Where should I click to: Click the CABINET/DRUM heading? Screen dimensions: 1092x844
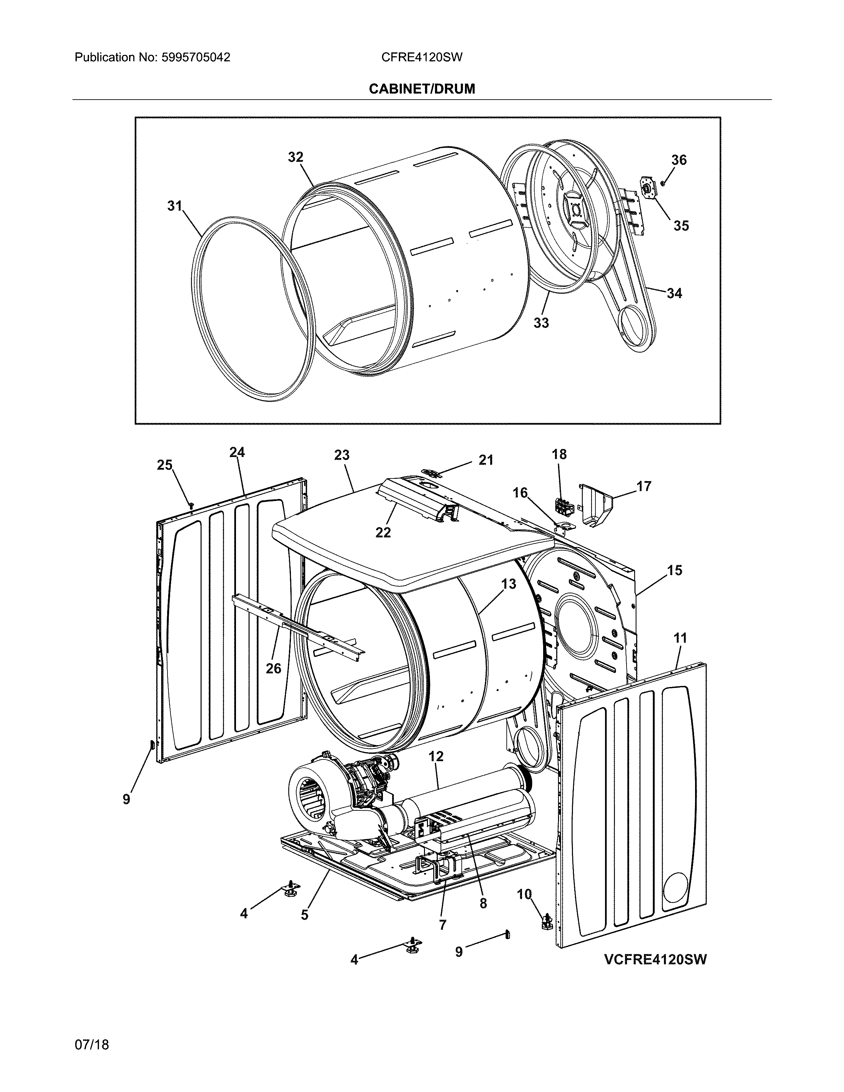point(421,89)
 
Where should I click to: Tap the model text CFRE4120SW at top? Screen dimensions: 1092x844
point(421,58)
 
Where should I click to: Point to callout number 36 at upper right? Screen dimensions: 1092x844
point(679,160)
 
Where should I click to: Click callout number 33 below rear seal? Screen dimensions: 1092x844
point(541,323)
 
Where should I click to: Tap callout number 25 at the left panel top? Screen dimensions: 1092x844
point(164,465)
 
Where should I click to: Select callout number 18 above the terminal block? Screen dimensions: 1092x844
point(559,454)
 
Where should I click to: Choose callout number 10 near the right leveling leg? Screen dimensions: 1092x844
point(524,894)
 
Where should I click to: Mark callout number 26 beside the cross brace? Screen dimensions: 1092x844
point(273,668)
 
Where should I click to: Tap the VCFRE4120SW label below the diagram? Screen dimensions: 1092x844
point(655,960)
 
